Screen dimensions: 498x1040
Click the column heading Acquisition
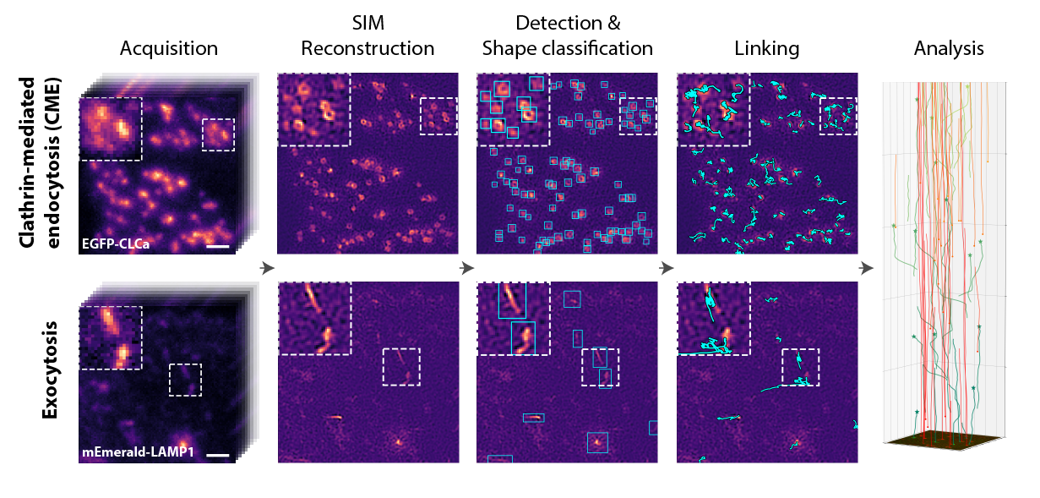coord(169,49)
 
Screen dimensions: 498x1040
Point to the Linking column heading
coord(767,49)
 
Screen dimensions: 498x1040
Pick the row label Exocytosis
coord(51,369)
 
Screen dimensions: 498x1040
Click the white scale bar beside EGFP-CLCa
coord(217,247)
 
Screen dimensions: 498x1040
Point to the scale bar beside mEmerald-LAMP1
coord(217,455)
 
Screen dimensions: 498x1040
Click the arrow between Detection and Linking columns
coord(667,268)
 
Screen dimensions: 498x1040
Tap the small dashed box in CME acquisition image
coord(218,134)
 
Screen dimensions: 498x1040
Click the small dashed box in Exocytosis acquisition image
coord(185,380)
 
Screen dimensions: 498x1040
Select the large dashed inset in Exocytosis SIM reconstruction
coord(314,318)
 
